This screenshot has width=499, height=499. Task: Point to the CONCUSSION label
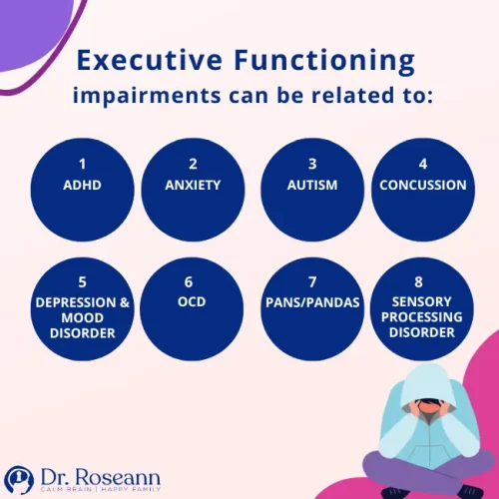click(423, 185)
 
